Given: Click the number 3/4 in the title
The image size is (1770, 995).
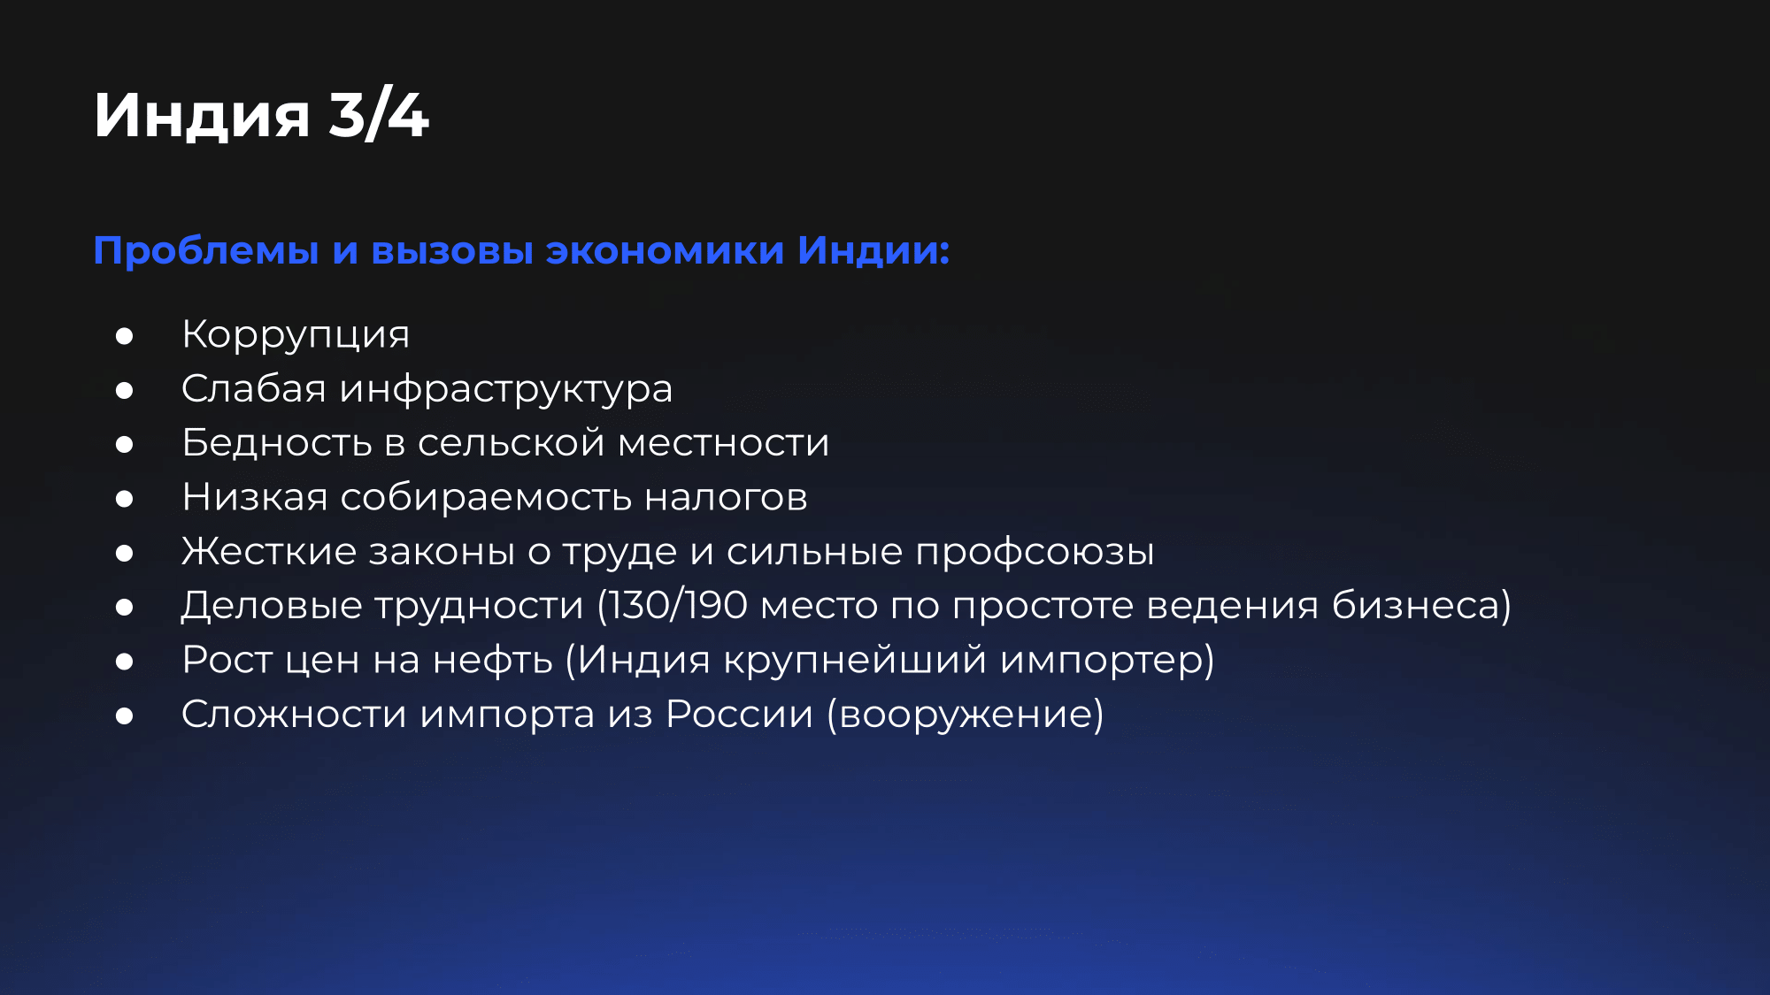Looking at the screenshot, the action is coord(379,115).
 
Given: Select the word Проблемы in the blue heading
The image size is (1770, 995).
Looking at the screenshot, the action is coord(206,250).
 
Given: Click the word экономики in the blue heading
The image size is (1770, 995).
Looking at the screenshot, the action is coord(665,250).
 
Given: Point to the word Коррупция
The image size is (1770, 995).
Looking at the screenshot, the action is coord(296,334).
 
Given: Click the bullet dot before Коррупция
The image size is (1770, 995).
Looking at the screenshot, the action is coord(124,336).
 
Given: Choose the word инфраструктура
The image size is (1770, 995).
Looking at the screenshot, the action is coord(506,389).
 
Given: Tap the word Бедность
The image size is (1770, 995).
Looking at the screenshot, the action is coord(276,442).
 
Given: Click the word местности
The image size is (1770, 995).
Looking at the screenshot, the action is coord(724,443).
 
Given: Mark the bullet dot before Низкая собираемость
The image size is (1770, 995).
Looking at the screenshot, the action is coord(124,499).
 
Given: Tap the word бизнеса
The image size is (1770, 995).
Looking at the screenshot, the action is coord(1414,606).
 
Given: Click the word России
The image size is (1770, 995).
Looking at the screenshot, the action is coord(739,714).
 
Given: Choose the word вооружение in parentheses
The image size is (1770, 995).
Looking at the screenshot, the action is coord(966,715).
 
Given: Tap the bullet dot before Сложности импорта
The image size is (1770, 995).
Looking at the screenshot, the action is coord(124,716).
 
